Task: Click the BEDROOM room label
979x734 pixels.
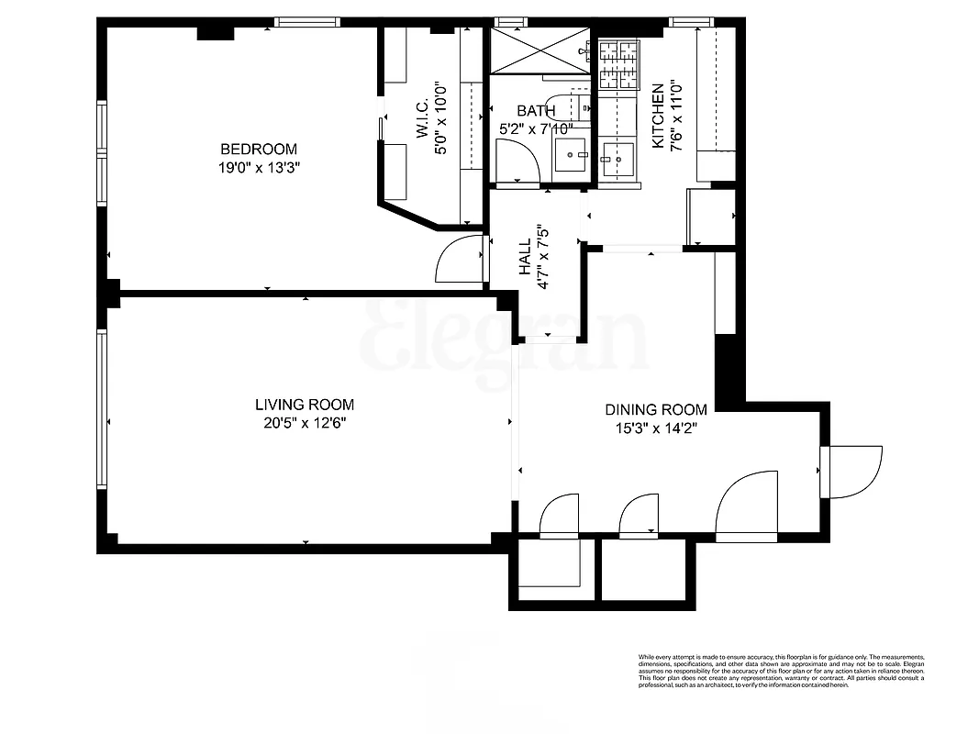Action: [258, 150]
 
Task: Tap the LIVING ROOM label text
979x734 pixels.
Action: [304, 405]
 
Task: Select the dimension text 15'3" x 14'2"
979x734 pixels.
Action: [655, 428]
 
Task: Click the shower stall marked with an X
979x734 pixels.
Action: [540, 50]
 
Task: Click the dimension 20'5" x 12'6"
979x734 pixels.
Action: [304, 423]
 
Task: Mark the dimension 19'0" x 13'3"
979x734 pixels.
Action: [258, 168]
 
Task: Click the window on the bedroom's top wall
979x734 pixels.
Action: [307, 22]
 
